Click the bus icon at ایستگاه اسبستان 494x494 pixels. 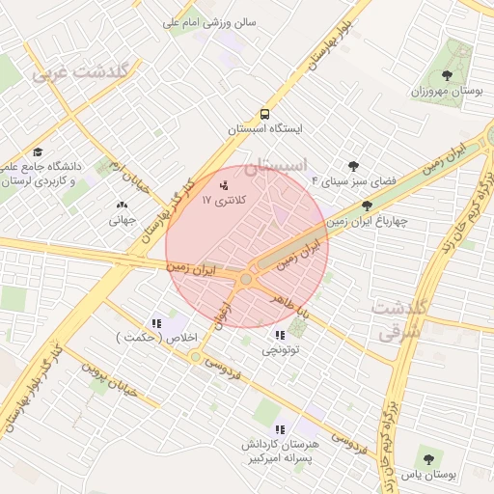pos(265,112)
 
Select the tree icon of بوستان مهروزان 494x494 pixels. pos(446,75)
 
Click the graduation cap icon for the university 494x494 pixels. pos(38,151)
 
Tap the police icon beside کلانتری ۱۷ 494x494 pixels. pos(225,183)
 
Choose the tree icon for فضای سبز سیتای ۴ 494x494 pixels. pos(353,166)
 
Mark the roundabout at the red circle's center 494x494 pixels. pos(246,280)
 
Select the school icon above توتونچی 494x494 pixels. pos(280,335)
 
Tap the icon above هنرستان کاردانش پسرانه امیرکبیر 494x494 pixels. pos(280,428)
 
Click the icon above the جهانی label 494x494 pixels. pos(122,205)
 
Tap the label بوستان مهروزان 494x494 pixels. pos(446,92)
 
